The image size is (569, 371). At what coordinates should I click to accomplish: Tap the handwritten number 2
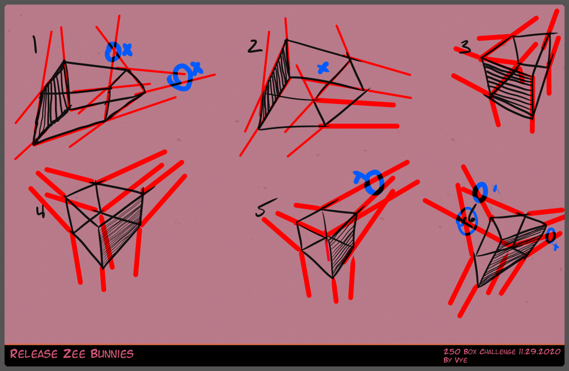pos(255,46)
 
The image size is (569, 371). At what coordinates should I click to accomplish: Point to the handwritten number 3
pos(465,48)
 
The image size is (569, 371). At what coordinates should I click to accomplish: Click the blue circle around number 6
pos(467,221)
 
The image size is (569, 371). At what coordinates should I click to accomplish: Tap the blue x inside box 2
pos(322,68)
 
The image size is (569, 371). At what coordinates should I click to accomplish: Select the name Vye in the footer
pos(460,360)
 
